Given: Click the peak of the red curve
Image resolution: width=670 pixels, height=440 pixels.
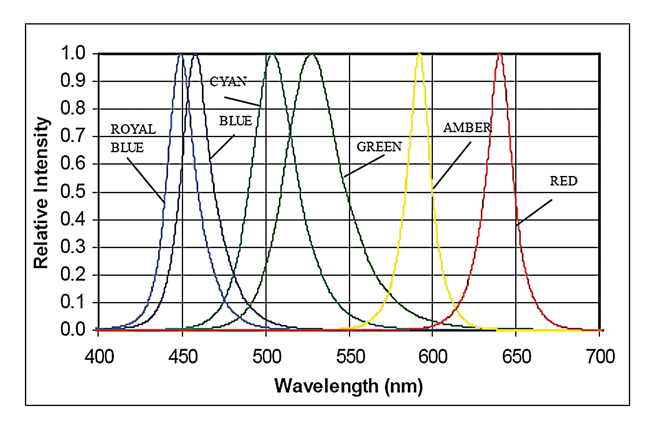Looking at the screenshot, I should [499, 54].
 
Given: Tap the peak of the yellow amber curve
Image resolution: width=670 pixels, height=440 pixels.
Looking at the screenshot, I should [419, 54].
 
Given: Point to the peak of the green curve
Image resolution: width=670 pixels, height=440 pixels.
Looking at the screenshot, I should [312, 54].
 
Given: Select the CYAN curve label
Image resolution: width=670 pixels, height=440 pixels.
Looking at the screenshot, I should [228, 82].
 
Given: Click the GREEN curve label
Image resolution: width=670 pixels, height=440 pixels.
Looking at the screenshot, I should [379, 147].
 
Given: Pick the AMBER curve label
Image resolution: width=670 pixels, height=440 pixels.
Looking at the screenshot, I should [467, 128].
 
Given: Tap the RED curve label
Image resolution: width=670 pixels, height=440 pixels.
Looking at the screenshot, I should [564, 181].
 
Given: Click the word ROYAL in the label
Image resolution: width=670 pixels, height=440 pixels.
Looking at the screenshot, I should [133, 129].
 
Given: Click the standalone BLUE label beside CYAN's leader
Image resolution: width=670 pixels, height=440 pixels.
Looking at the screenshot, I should [235, 121].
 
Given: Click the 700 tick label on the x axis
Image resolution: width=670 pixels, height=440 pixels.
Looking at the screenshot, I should [600, 357].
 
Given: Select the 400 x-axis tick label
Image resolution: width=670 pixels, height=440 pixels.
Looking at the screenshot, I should [100, 357].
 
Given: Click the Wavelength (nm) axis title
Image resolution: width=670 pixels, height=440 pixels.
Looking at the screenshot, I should [349, 386].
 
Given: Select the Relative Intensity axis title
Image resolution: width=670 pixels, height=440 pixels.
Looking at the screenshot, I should [41, 192].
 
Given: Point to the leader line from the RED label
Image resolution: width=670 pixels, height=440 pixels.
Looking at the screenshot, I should [534, 212].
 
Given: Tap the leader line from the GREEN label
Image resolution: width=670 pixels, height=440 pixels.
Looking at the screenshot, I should [364, 166].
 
